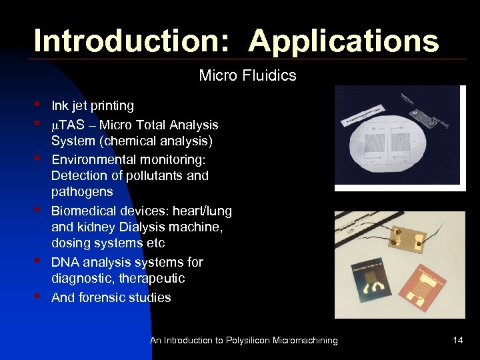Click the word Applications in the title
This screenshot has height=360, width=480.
point(344,41)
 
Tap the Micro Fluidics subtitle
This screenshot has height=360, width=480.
point(247,75)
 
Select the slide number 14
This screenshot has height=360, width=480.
point(457,341)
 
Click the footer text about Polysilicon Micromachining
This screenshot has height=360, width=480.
point(243,341)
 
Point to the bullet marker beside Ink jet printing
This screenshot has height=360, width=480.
point(39,105)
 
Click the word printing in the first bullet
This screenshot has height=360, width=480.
point(110,105)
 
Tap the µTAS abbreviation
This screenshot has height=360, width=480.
point(67,125)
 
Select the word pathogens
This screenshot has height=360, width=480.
point(82,192)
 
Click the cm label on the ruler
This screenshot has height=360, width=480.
point(353,230)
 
